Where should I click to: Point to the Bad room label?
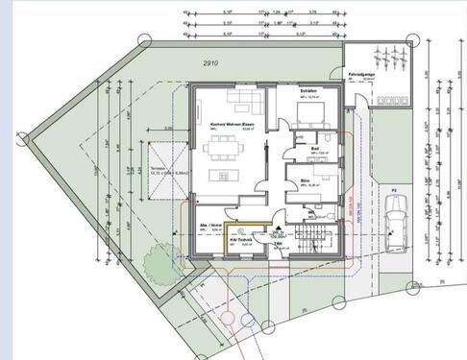[314, 149]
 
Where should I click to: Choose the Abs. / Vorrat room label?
[211, 225]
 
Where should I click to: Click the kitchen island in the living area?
[229, 176]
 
